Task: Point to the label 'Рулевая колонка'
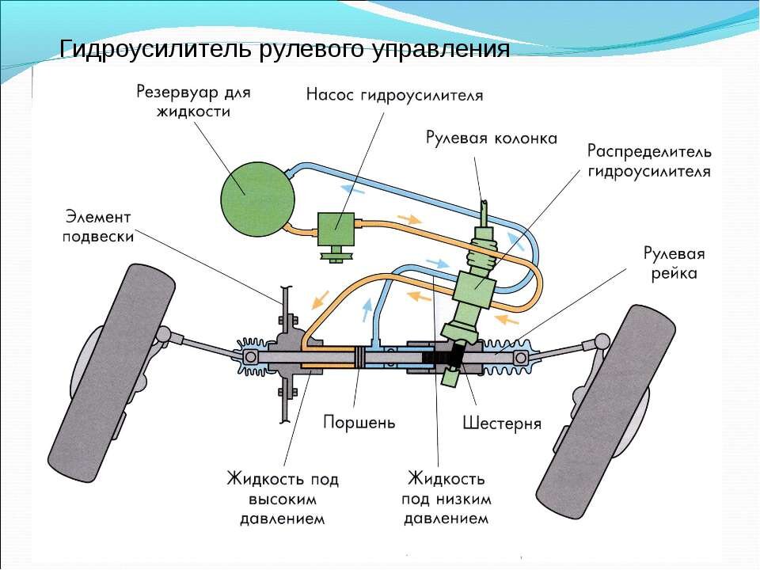point(490,138)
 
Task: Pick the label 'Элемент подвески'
point(99,226)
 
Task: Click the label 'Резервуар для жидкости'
point(193,101)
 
